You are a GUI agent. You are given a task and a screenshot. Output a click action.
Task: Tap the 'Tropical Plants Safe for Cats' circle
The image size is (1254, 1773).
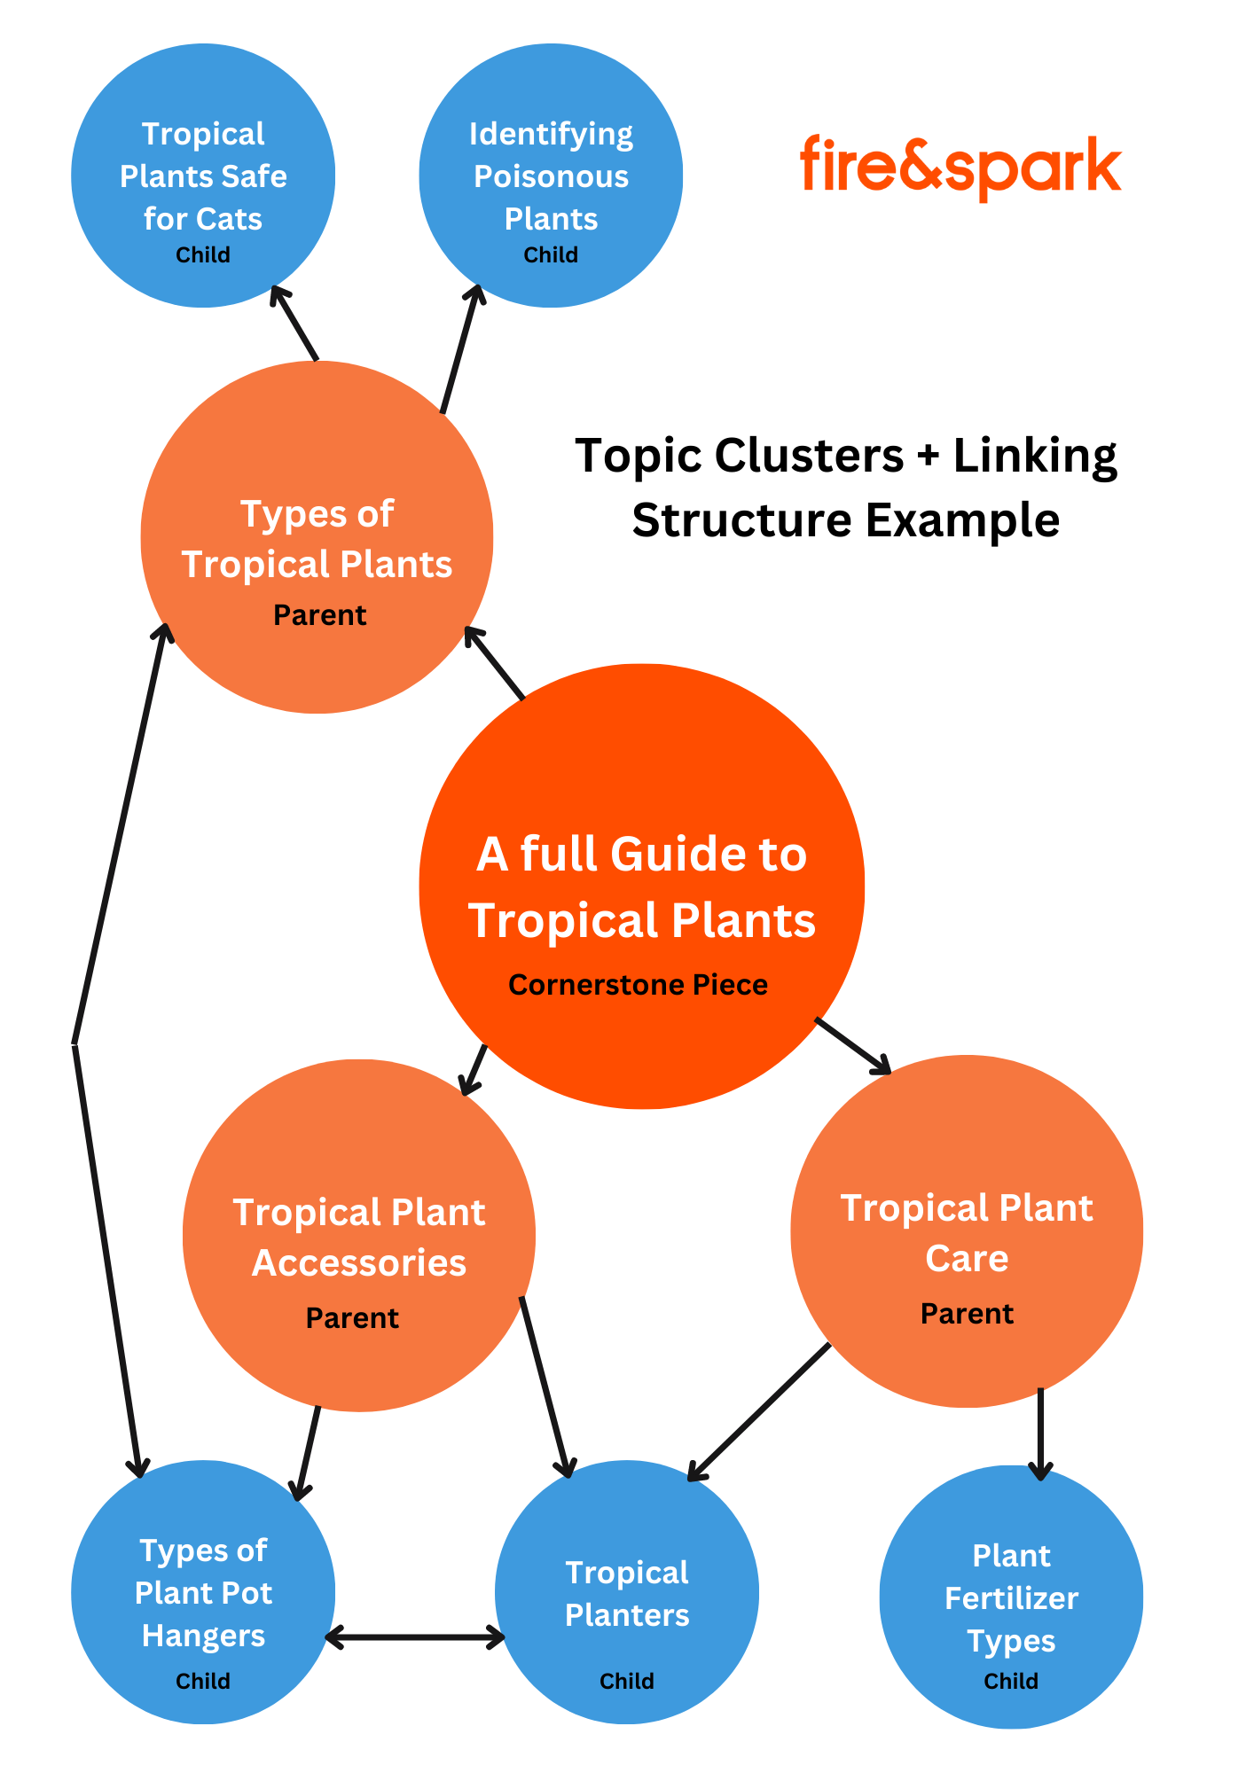click(x=203, y=176)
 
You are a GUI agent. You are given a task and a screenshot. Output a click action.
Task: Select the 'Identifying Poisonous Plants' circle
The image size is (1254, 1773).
click(x=551, y=176)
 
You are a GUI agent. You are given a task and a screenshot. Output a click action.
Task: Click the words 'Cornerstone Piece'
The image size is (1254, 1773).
click(x=638, y=985)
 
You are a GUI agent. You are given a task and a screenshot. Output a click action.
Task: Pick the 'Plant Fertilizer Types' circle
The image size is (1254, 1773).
click(x=1011, y=1597)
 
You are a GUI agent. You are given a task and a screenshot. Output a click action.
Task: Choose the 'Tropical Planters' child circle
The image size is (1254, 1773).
click(x=627, y=1592)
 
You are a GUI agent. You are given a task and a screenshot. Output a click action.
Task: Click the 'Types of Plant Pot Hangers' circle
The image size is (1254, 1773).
click(x=203, y=1592)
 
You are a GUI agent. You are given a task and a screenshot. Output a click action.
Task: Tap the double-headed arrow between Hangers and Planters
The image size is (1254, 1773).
click(x=415, y=1637)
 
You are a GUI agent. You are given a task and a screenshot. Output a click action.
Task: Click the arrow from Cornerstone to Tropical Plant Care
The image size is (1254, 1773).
click(x=853, y=1046)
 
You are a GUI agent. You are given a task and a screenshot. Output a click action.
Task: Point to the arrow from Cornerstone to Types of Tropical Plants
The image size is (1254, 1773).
click(x=495, y=663)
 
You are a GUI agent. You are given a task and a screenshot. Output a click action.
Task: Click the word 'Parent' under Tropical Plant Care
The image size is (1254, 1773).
click(x=967, y=1314)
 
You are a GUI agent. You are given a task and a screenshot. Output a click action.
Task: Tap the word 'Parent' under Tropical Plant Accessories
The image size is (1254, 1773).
click(x=352, y=1318)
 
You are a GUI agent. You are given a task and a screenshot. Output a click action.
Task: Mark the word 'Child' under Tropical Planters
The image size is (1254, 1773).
click(x=627, y=1681)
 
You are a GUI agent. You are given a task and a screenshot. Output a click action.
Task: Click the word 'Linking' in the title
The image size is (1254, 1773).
click(x=1035, y=457)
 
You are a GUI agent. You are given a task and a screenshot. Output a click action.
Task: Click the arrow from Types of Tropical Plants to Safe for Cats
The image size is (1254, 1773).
click(x=294, y=324)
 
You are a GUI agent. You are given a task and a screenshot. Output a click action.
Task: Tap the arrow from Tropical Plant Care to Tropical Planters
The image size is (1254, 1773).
click(x=759, y=1413)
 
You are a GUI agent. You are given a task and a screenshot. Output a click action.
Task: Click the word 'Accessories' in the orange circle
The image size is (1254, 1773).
click(x=359, y=1263)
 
